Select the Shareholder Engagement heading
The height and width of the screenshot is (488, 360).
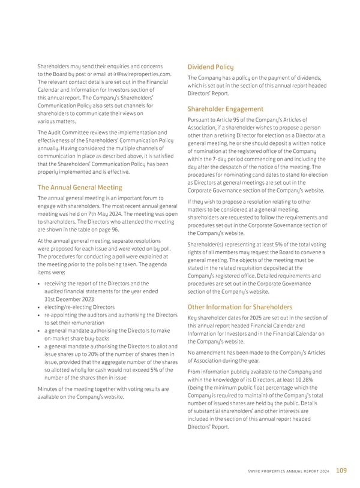pyautogui.click(x=226, y=109)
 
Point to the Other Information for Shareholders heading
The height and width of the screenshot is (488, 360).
pyautogui.click(x=240, y=307)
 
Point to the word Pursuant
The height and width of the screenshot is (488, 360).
pyautogui.click(x=201, y=120)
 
